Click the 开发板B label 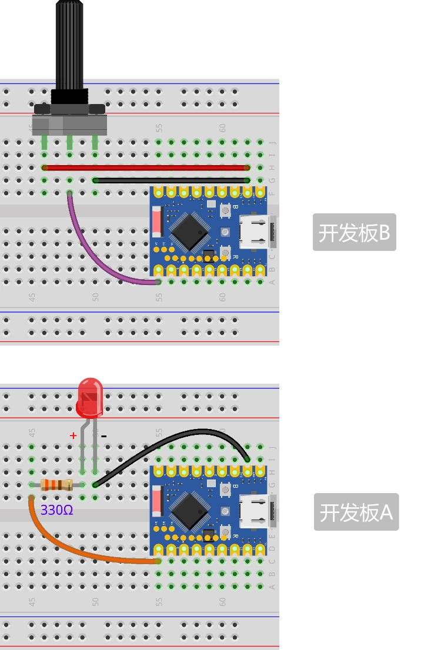tap(354, 233)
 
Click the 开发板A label tap(356, 512)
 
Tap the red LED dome tap(89, 394)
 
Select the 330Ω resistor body tap(56, 485)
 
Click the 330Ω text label tap(57, 510)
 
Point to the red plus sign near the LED tap(73, 435)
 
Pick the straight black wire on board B tap(171, 180)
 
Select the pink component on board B tap(156, 222)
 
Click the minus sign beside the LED tap(103, 436)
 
